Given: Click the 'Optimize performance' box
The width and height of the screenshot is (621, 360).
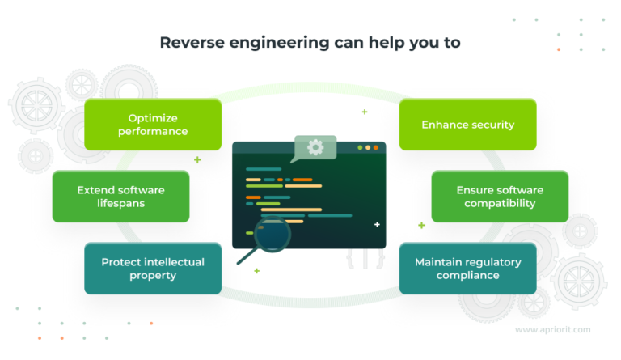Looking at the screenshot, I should [152, 125].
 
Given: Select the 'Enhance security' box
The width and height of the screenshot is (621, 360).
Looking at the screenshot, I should [467, 125].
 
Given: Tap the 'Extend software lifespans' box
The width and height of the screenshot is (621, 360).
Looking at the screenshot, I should [120, 197].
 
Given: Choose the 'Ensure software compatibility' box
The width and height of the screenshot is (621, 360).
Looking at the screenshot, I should [500, 197].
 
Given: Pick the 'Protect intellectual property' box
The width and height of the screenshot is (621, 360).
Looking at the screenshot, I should [152, 269].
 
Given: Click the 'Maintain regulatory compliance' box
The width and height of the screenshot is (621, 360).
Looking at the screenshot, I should [467, 269].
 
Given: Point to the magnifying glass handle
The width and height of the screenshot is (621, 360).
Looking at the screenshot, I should [246, 258].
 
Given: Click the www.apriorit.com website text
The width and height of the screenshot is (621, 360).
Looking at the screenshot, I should [552, 329].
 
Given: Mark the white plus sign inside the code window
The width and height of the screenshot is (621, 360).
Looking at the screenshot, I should [377, 224].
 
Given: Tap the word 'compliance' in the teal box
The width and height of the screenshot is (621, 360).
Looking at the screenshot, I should [467, 275].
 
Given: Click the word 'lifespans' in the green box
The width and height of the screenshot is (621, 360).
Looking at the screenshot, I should [120, 203].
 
